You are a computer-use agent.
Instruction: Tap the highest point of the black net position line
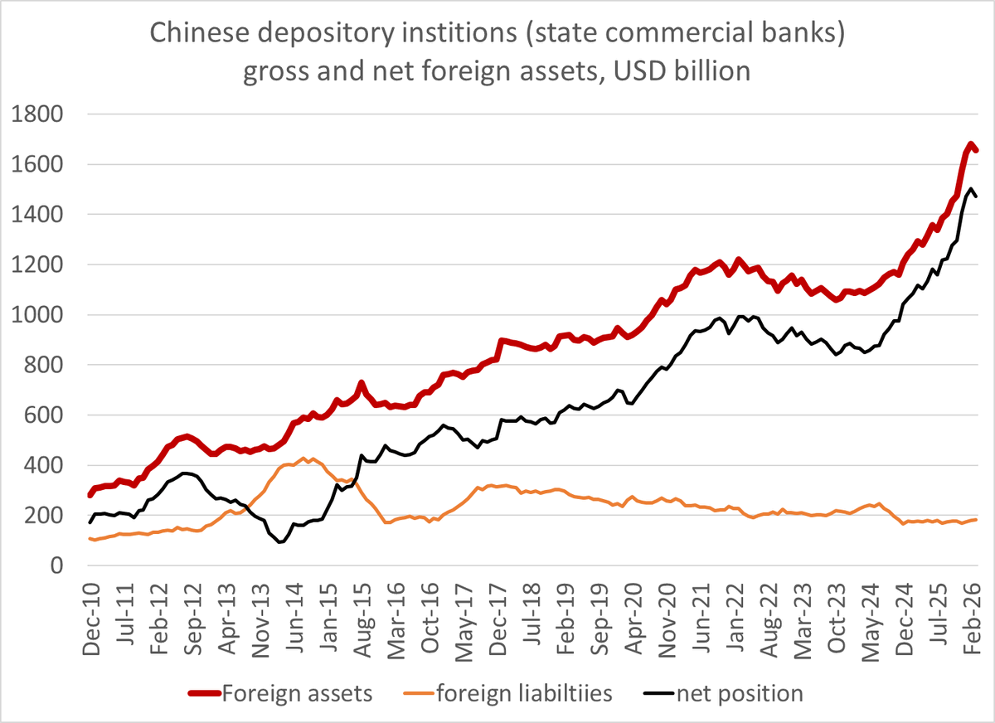click(971, 188)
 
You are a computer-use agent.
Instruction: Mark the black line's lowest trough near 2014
click(279, 542)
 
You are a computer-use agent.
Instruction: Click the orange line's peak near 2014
click(305, 458)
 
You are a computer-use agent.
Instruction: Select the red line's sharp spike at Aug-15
click(362, 383)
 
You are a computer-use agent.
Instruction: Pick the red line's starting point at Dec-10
click(90, 495)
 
